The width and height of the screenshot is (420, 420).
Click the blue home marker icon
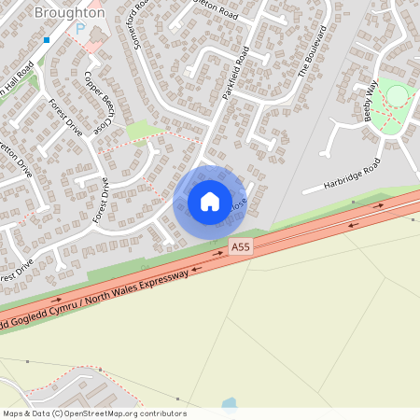click(210, 201)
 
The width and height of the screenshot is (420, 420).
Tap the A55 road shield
click(241, 246)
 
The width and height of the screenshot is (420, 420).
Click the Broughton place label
click(69, 13)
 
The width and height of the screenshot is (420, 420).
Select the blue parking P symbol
click(79, 29)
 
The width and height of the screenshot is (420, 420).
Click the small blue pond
click(229, 404)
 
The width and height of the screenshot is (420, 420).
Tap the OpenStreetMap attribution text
click(93, 413)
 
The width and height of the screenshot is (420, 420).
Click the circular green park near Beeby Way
click(398, 95)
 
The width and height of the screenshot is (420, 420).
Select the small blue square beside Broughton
click(46, 40)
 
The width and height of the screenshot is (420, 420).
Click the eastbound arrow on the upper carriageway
click(380, 204)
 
